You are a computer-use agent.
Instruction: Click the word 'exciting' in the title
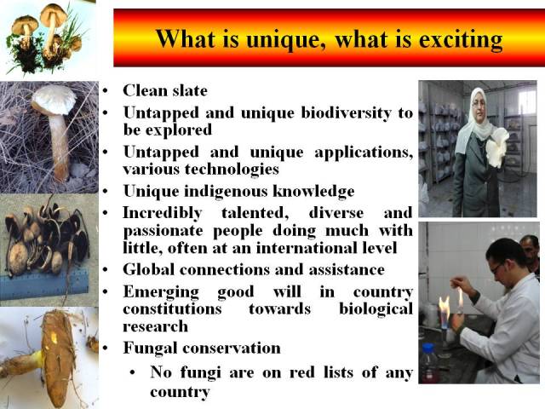(461, 40)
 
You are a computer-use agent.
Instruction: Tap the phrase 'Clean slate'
(165, 91)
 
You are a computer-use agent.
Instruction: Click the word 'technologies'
(232, 170)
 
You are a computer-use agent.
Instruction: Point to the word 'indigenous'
(226, 191)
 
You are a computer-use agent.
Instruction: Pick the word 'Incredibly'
(163, 213)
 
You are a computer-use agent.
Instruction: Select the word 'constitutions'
(172, 308)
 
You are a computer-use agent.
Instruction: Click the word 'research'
(155, 327)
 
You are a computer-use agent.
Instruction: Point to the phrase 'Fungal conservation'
(202, 349)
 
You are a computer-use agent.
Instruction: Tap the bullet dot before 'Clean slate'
(106, 91)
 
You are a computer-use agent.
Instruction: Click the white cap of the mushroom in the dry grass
(54, 101)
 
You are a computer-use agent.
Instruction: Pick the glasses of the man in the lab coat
(497, 268)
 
